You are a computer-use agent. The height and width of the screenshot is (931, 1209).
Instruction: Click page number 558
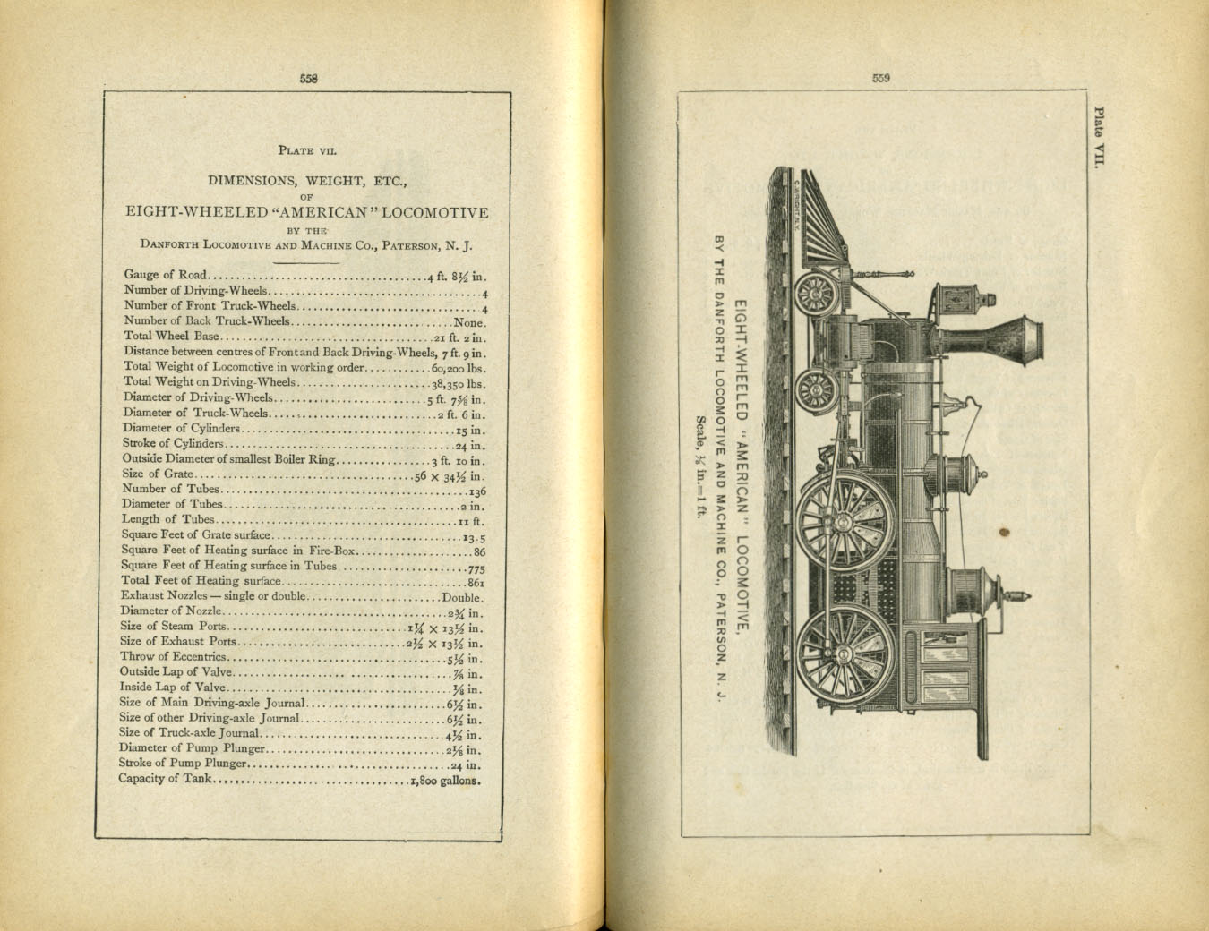(308, 79)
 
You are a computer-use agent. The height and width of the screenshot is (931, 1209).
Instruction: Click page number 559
(880, 78)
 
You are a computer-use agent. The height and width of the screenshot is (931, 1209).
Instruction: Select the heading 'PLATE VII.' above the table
(307, 150)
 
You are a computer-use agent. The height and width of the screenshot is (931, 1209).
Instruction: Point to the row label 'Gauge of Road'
(166, 275)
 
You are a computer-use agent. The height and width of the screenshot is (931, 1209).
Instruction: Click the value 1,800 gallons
(445, 779)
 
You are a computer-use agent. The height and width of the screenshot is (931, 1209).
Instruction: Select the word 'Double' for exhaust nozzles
(462, 597)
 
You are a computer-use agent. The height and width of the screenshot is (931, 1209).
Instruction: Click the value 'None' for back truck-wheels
(469, 321)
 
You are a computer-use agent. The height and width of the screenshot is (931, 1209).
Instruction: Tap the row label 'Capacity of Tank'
(165, 778)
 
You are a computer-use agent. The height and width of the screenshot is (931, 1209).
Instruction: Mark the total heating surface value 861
(476, 582)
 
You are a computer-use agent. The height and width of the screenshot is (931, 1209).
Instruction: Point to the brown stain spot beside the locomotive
(1004, 532)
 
